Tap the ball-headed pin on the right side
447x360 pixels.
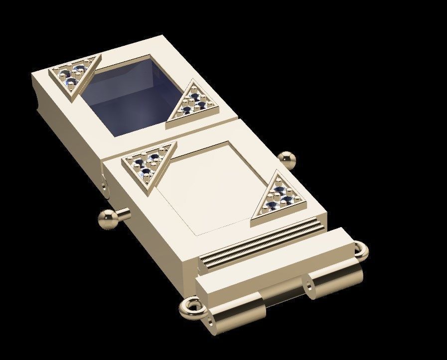pos(287,159)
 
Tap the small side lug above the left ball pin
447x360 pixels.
pos(103,183)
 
